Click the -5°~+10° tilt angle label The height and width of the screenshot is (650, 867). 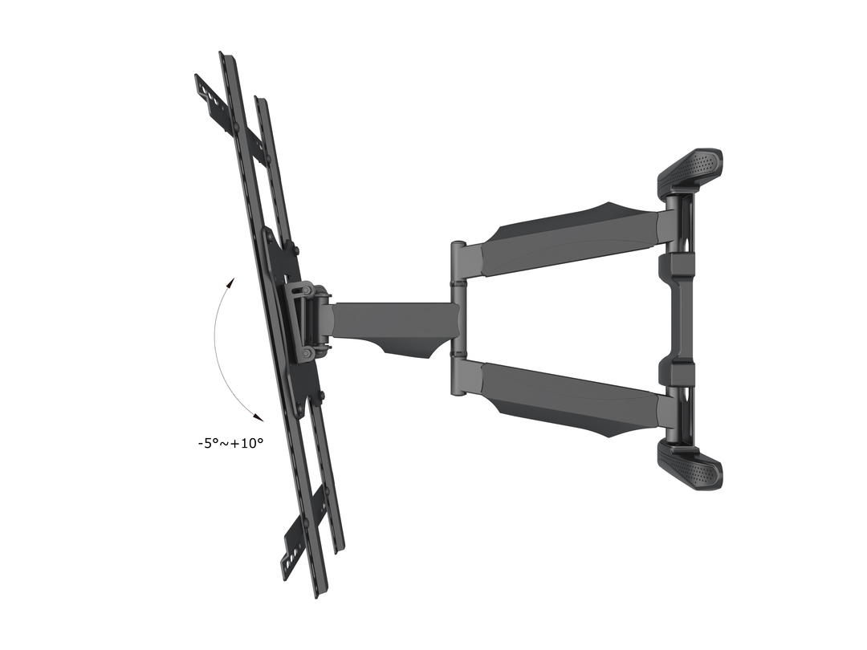[230, 443]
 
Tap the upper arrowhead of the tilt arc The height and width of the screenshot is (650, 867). [230, 283]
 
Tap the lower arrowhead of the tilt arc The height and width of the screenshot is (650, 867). [257, 417]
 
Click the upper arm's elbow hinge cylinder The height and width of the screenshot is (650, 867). [459, 262]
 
